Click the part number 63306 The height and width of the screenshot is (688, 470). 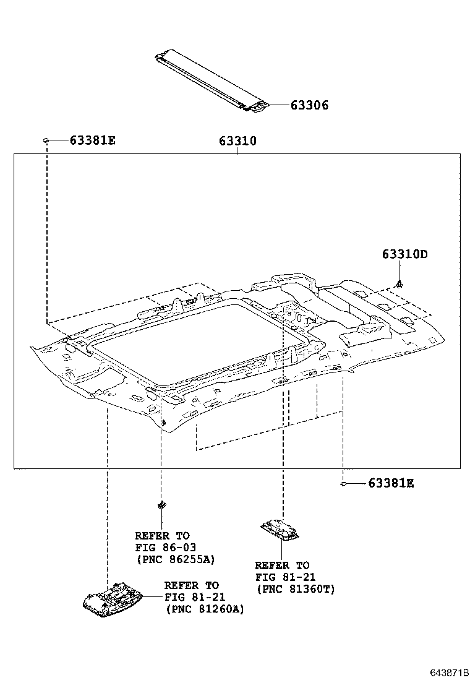[309, 106]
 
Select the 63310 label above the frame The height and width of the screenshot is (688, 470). [237, 142]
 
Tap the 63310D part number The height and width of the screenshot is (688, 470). [405, 254]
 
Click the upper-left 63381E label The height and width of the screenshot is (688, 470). [92, 140]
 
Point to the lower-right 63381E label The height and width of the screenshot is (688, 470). [391, 483]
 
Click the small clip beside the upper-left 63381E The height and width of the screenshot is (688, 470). [46, 141]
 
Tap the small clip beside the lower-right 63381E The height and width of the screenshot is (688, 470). [342, 483]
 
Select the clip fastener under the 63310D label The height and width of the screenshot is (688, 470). [401, 284]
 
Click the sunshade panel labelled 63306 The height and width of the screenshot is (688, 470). [210, 80]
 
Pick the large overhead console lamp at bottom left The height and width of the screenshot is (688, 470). [113, 601]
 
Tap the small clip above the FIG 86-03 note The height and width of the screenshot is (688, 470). [161, 504]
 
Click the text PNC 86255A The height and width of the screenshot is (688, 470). [175, 559]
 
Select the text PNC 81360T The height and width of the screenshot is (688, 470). [295, 589]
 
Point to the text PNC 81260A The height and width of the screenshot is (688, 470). [204, 609]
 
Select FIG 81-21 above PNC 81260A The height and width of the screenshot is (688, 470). [194, 597]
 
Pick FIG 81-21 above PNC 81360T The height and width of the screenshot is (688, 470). [285, 577]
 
